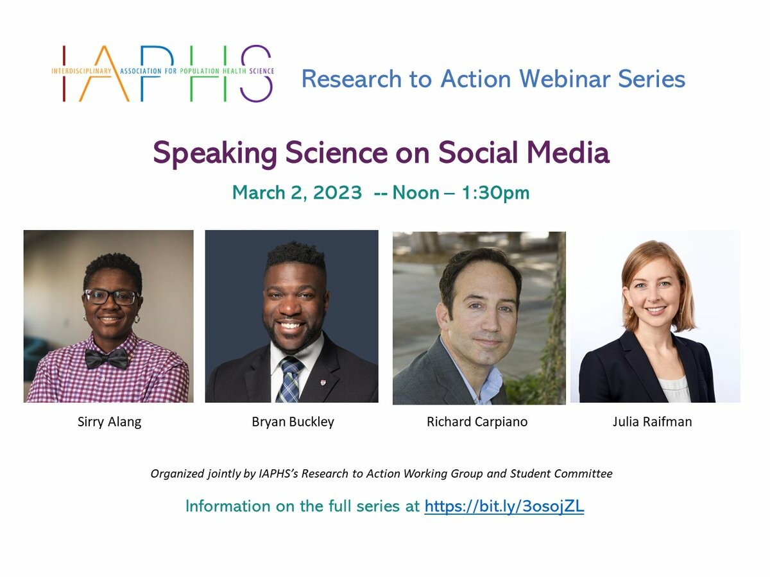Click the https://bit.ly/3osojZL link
pos(504,506)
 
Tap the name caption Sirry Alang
pos(110,422)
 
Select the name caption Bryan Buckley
pos(293,422)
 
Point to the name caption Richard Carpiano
pos(477,422)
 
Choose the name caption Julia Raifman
pos(652,422)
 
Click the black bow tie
pos(107,358)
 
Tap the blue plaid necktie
pos(290,380)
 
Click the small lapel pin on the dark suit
pos(323,382)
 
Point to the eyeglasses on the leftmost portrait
pos(111,297)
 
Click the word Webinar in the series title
pos(565,78)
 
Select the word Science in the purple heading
pos(336,153)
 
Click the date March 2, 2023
pos(297,193)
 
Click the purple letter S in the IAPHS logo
pos(257,74)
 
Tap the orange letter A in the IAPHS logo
pos(104,74)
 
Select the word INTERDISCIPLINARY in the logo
pos(81,71)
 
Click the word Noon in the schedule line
pos(416,193)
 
